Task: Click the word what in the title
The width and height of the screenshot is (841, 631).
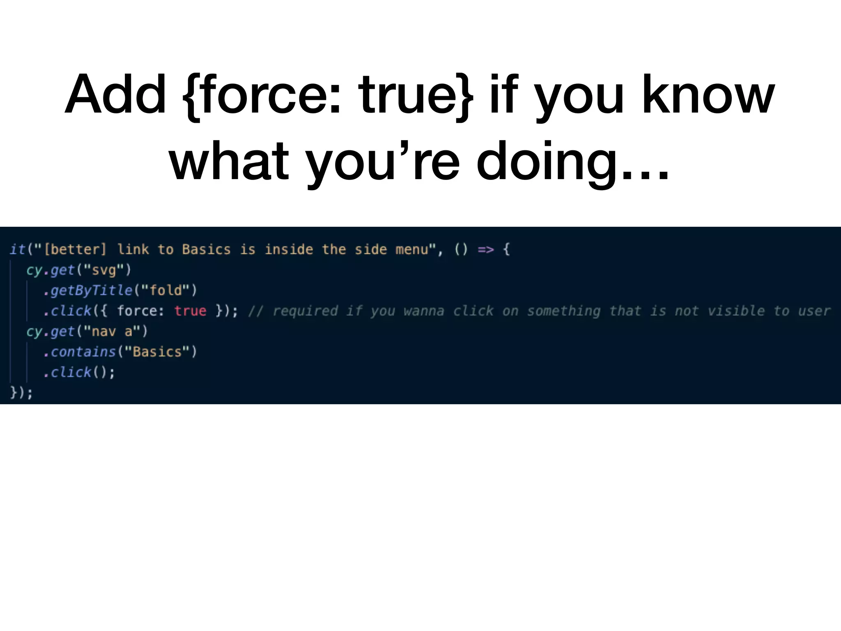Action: point(229,162)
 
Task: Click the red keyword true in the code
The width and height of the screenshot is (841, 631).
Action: point(190,311)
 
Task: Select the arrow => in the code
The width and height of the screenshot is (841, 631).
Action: point(486,249)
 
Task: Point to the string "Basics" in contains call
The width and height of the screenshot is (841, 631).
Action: point(157,352)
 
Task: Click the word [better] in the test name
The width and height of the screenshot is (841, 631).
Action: point(75,249)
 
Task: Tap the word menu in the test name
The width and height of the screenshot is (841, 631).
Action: point(412,249)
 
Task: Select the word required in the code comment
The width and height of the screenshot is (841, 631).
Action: point(305,311)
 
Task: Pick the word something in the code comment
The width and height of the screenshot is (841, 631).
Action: point(564,311)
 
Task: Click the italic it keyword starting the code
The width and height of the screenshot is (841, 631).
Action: point(17,249)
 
